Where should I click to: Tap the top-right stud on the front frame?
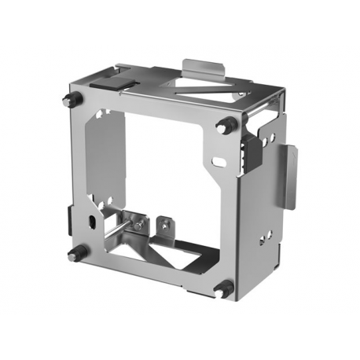pyautogui.click(x=226, y=125)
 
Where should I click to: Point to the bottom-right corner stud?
pyautogui.click(x=223, y=288)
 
